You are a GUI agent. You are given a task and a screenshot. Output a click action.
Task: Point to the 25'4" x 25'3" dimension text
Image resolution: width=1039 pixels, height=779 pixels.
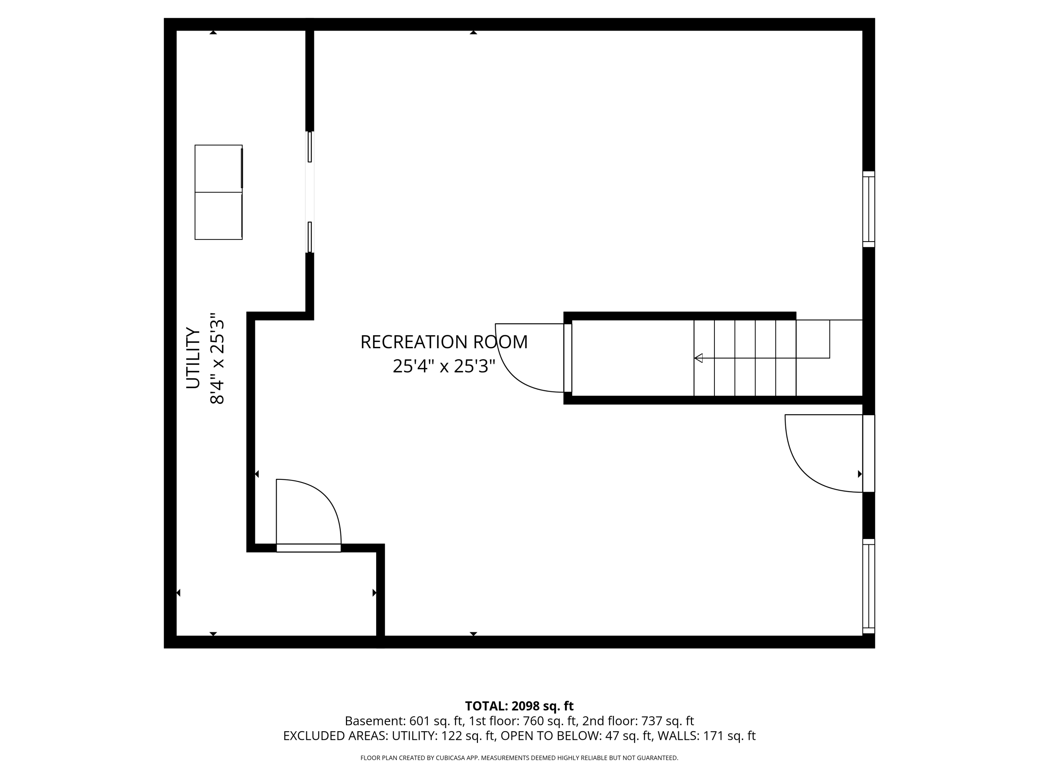[444, 366]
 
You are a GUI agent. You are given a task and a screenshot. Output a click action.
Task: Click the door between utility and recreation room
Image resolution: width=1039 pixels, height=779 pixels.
[309, 516]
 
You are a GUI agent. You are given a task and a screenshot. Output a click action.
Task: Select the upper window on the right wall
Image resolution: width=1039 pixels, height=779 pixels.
[869, 209]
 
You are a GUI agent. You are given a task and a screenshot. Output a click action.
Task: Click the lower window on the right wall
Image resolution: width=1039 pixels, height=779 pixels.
[869, 586]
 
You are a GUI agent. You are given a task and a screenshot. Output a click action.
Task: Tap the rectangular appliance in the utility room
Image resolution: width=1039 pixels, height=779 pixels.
[219, 192]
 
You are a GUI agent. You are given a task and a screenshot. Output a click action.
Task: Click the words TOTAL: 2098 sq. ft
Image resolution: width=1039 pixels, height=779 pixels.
[519, 706]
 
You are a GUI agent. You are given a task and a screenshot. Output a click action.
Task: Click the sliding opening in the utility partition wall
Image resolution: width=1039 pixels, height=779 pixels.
[310, 192]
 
